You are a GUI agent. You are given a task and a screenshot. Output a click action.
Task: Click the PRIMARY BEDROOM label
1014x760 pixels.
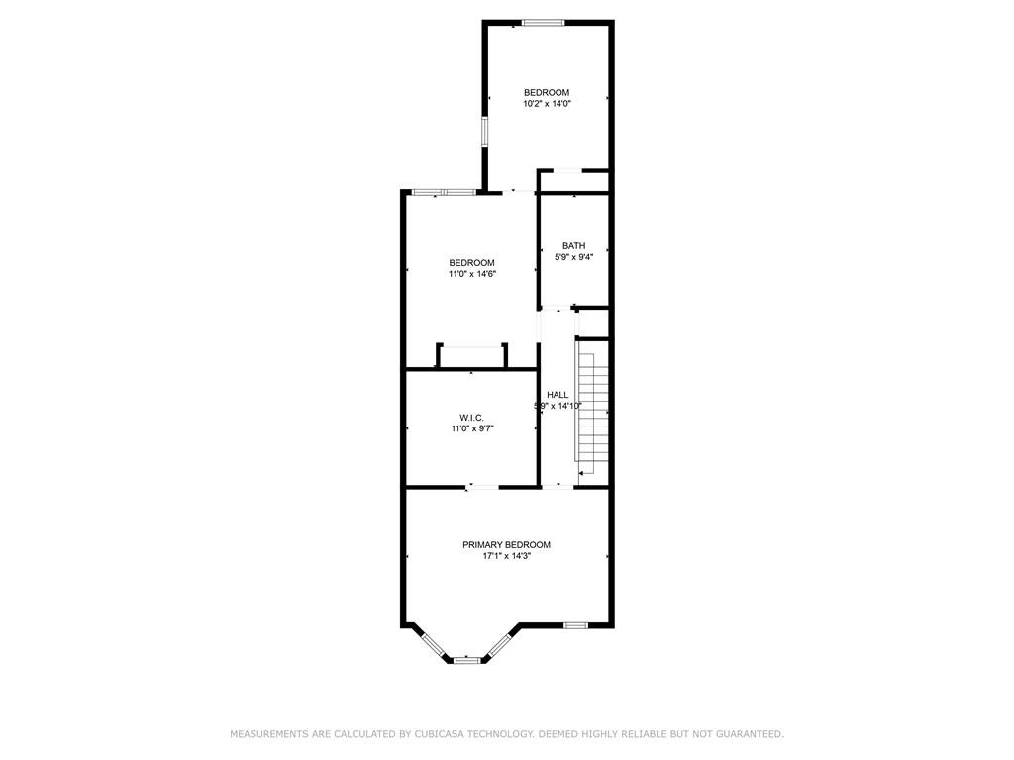tap(506, 545)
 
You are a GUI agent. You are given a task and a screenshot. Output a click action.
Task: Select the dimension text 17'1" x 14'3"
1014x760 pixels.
tap(506, 557)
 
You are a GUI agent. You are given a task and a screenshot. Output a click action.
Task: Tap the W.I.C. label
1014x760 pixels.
tap(470, 417)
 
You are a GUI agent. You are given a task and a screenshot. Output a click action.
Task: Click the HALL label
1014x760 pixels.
tap(558, 395)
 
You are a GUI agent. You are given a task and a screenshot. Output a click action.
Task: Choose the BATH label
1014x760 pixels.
tap(573, 246)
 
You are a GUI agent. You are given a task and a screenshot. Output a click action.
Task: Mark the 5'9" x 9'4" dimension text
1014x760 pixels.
tap(573, 258)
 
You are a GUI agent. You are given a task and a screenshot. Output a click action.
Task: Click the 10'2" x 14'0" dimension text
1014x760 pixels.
tap(547, 103)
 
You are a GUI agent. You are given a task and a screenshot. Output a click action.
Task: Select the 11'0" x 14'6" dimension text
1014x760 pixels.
tap(471, 274)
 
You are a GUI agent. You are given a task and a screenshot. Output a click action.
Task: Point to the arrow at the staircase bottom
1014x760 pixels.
tap(584, 474)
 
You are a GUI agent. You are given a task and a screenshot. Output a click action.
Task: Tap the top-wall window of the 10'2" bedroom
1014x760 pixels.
tap(544, 23)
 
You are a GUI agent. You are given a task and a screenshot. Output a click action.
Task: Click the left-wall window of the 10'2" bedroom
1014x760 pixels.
tap(484, 133)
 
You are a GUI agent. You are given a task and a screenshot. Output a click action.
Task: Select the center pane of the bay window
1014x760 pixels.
tap(467, 660)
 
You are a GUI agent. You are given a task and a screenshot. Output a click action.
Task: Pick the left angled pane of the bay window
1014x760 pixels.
tap(432, 643)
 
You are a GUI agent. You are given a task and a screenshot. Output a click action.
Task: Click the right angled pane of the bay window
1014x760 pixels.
tap(500, 644)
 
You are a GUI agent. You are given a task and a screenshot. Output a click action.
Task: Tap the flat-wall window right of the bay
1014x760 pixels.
tap(575, 625)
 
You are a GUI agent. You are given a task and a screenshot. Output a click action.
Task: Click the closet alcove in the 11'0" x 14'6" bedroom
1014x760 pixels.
tap(471, 357)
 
